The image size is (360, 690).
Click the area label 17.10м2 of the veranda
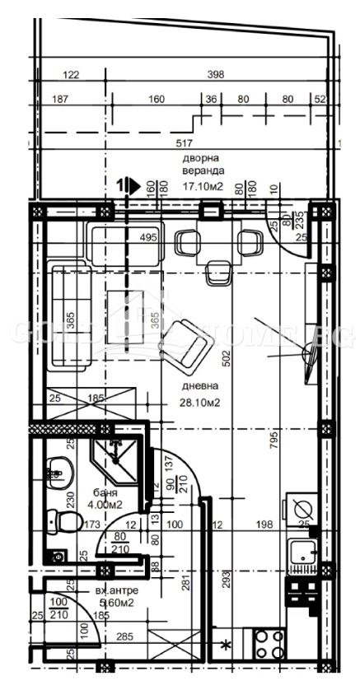point(203,186)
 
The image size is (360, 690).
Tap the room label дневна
point(200,385)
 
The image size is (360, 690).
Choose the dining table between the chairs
point(217,242)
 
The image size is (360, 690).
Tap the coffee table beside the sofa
point(129,310)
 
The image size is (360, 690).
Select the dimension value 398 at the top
point(216,75)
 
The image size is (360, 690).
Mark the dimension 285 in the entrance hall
point(124,636)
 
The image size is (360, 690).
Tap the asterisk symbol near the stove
point(226,644)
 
